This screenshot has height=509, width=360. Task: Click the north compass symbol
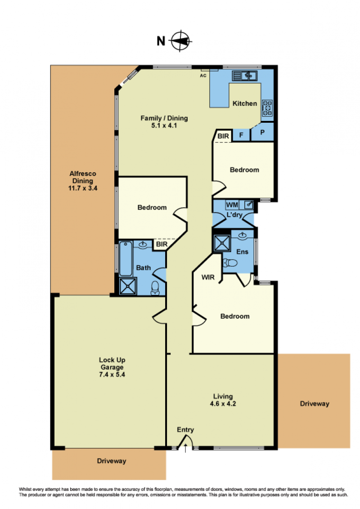tap(181, 41)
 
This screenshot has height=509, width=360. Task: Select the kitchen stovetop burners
tap(267, 108)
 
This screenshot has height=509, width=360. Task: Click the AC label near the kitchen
tap(203, 76)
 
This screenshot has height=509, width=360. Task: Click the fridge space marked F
tap(241, 135)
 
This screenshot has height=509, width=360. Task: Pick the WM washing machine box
tap(232, 205)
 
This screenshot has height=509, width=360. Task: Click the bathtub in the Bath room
tap(126, 259)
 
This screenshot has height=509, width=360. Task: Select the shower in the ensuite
tap(222, 243)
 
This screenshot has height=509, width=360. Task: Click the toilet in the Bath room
tap(155, 289)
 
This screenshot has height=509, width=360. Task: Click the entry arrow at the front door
tap(185, 449)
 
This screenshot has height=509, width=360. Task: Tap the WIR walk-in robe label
tap(208, 277)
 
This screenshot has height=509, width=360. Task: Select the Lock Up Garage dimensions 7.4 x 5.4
tap(112, 374)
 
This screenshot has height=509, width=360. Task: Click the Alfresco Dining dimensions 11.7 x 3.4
tap(83, 188)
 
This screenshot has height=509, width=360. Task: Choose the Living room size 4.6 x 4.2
tap(223, 403)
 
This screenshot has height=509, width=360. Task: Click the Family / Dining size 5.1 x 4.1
tap(164, 125)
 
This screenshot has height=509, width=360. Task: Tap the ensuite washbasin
tap(243, 235)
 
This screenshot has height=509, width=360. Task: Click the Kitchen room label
tap(245, 103)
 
